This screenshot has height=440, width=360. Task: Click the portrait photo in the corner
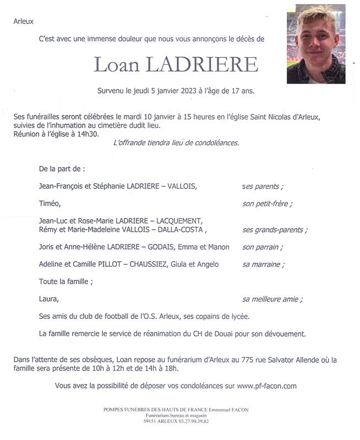pos(316,44)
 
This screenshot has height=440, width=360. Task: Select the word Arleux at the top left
pos(24,21)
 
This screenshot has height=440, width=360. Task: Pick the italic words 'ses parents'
pos(263,186)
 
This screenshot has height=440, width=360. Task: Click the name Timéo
pos(49,204)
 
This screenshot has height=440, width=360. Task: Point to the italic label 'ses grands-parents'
pos(275,230)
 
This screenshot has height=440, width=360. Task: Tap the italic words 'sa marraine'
pos(263,265)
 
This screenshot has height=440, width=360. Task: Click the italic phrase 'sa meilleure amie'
pos(272,299)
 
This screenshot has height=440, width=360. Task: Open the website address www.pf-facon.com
pos(267,386)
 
